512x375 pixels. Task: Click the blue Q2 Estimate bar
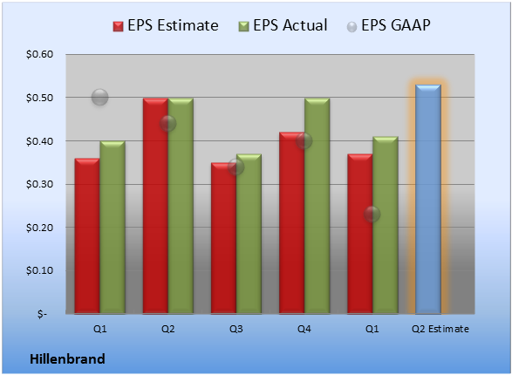point(428,199)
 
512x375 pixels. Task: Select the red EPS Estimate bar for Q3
point(223,238)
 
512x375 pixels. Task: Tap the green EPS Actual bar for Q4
point(317,206)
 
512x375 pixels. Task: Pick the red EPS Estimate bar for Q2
point(155,206)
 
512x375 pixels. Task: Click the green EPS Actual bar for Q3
point(249,234)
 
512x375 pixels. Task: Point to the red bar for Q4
point(292,223)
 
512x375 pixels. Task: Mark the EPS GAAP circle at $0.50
point(100,98)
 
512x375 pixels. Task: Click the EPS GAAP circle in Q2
point(167,123)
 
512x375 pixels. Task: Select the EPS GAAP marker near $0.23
point(372,215)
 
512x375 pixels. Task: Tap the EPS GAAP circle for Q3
point(236,167)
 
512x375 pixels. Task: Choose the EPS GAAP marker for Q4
point(304,140)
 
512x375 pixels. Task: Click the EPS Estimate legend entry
point(166,25)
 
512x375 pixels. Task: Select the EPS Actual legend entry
point(283,25)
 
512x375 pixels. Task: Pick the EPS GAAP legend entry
point(388,25)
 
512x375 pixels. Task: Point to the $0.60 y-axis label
point(39,54)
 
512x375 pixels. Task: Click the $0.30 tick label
point(39,184)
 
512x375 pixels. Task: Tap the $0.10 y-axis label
point(39,270)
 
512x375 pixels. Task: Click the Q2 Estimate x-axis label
point(440,329)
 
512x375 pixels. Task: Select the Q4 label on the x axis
point(304,329)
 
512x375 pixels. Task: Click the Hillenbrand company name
point(67,359)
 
